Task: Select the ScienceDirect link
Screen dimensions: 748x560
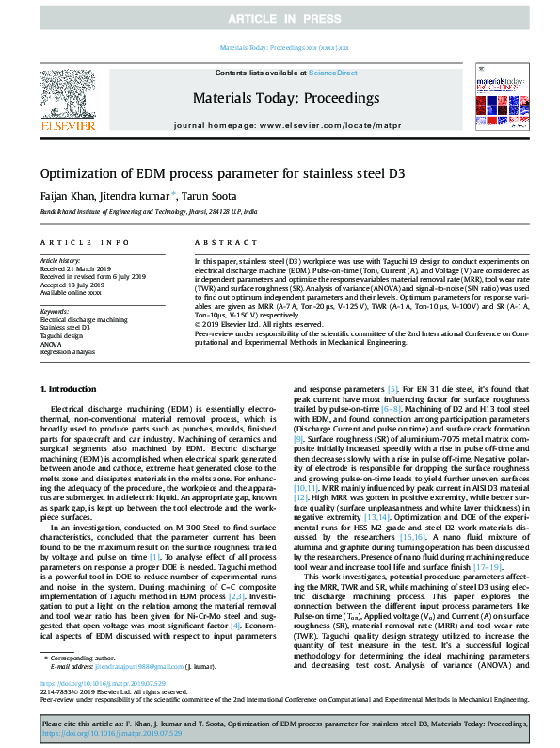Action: (332, 73)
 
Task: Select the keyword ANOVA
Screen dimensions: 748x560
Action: (51, 343)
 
